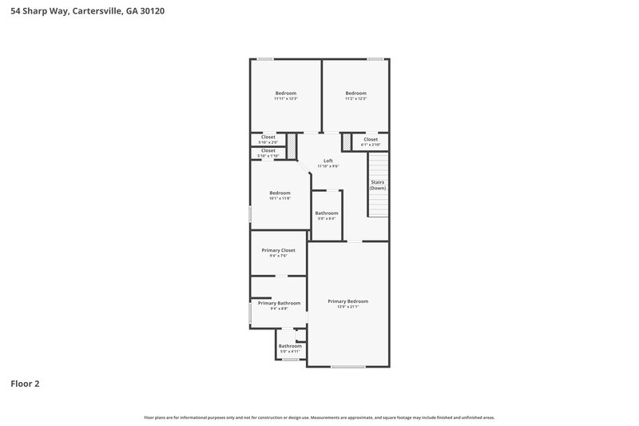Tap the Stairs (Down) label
(378, 185)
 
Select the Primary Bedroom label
(348, 301)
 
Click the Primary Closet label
(278, 250)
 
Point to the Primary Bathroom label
(279, 303)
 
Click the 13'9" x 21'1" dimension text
(348, 307)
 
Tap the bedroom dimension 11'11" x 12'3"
(286, 98)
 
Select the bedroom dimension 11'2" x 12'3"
(355, 98)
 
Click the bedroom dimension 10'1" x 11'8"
(280, 197)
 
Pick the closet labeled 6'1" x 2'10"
(371, 145)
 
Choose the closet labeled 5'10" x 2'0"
(268, 142)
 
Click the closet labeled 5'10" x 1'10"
(268, 155)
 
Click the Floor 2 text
(25, 384)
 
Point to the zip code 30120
(153, 12)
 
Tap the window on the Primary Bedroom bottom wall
(347, 367)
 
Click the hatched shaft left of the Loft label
(292, 145)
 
